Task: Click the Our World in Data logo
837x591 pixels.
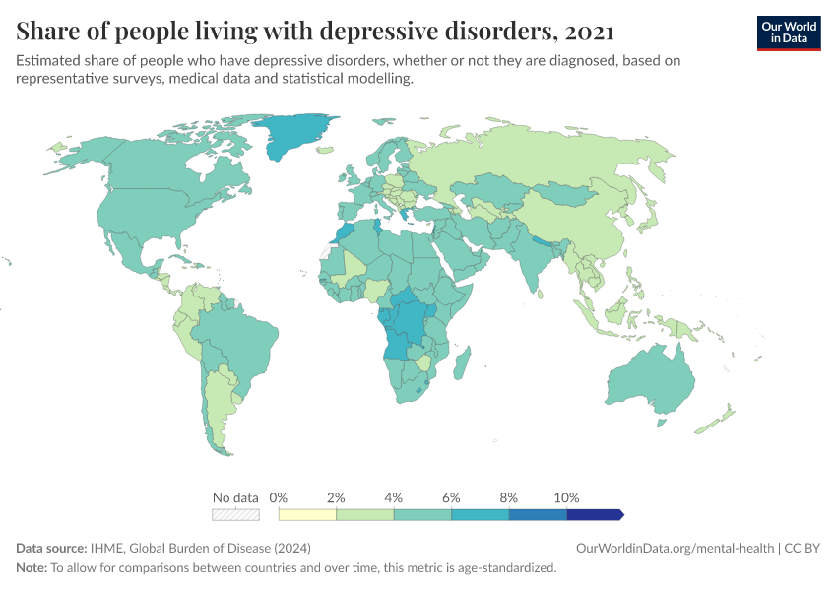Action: point(788,32)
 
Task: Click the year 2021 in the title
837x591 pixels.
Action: point(587,32)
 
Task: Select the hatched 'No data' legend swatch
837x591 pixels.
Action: point(235,514)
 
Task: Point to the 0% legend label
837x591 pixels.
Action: point(279,497)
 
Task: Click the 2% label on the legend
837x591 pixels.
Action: point(336,497)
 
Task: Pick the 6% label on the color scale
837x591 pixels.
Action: point(451,497)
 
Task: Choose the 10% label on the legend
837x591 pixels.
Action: point(567,497)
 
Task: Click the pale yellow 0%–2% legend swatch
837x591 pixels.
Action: point(307,514)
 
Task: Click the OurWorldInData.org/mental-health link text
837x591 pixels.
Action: point(674,548)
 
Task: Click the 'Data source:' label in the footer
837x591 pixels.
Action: point(51,548)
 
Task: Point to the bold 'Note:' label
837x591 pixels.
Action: point(32,567)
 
